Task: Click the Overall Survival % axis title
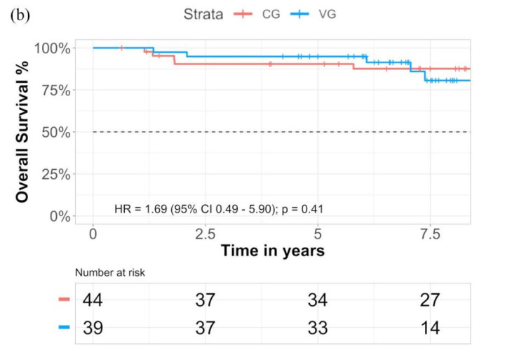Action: click(x=22, y=132)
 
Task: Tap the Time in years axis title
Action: click(x=273, y=251)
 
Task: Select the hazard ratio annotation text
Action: click(x=218, y=209)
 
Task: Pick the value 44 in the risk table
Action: click(x=93, y=300)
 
